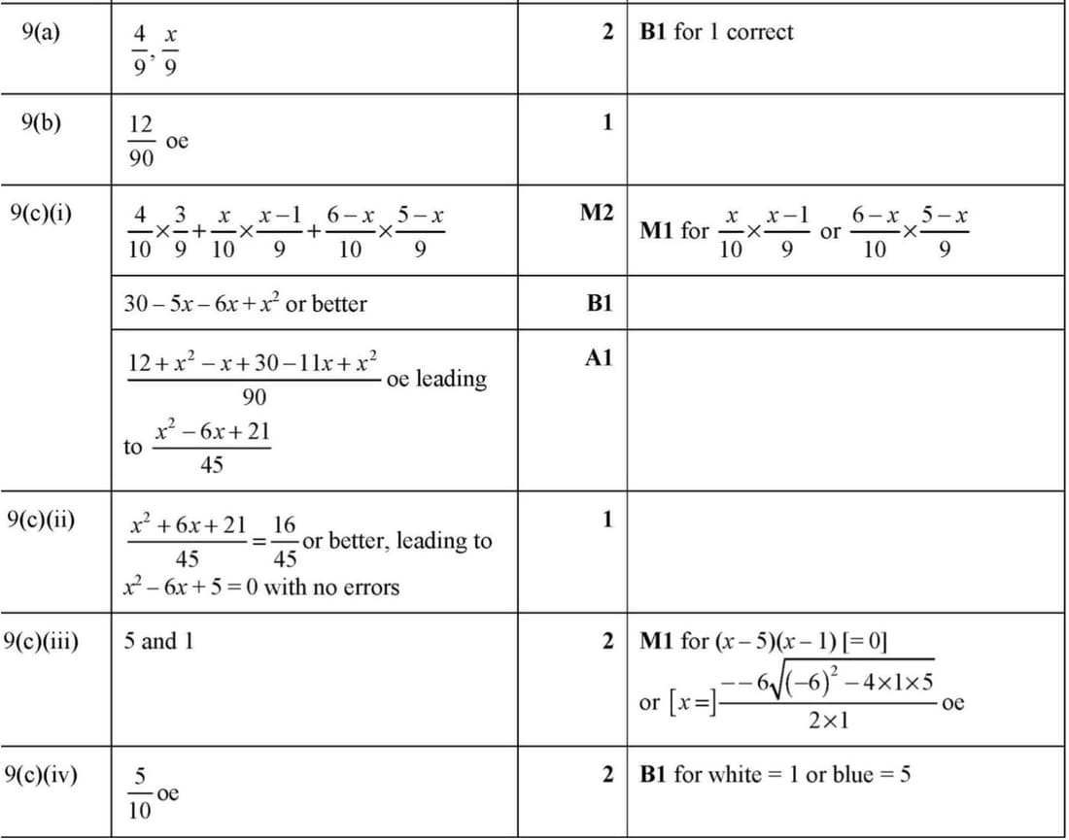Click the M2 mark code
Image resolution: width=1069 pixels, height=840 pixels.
point(596,213)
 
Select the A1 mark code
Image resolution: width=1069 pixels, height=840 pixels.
point(599,358)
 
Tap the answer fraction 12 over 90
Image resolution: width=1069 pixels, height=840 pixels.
point(141,142)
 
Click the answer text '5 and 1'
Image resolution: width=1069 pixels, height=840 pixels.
point(158,641)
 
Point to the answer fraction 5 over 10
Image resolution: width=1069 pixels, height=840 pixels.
point(140,794)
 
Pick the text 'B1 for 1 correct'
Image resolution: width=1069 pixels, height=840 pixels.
point(716,32)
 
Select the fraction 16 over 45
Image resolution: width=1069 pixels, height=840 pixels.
point(285,542)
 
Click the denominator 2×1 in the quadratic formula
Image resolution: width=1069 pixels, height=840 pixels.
point(829,722)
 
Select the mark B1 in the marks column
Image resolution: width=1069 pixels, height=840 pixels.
point(600,303)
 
